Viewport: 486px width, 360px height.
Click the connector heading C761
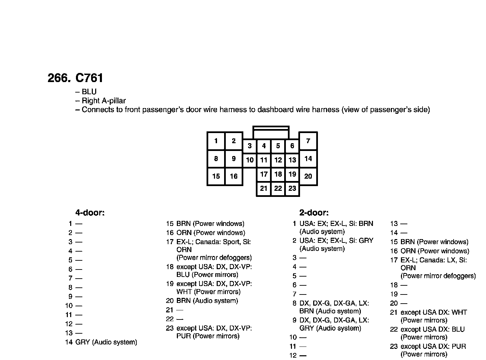(89, 78)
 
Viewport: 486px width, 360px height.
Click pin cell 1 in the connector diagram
(216, 141)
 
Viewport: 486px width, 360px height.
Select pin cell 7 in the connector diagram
(308, 141)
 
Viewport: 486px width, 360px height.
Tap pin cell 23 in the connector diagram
(292, 188)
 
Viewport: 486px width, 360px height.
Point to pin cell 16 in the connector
(234, 176)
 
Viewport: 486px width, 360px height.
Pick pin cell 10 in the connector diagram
(250, 160)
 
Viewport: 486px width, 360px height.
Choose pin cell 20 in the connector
(308, 176)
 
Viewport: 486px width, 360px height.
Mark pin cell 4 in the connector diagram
(264, 146)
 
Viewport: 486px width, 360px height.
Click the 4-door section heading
(90, 213)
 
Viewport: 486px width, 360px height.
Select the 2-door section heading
(314, 213)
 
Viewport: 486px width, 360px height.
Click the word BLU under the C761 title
(89, 92)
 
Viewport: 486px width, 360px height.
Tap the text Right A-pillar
(104, 101)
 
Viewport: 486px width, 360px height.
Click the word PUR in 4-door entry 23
(184, 336)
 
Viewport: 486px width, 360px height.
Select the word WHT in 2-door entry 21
(459, 312)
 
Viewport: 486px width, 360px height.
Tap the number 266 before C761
(58, 78)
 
